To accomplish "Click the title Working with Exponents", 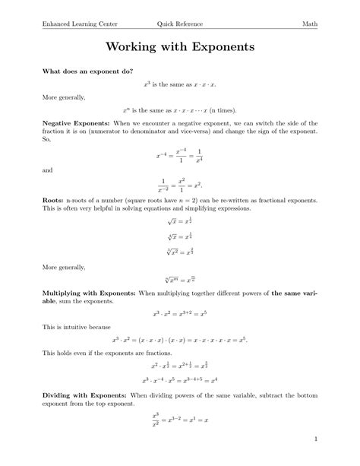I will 180,47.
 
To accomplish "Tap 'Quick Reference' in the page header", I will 180,24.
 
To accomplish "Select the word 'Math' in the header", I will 310,24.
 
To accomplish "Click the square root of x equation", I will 180,221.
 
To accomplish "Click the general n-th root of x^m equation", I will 180,280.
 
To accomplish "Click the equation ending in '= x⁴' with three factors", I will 180,380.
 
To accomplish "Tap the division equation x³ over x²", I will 180,417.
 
